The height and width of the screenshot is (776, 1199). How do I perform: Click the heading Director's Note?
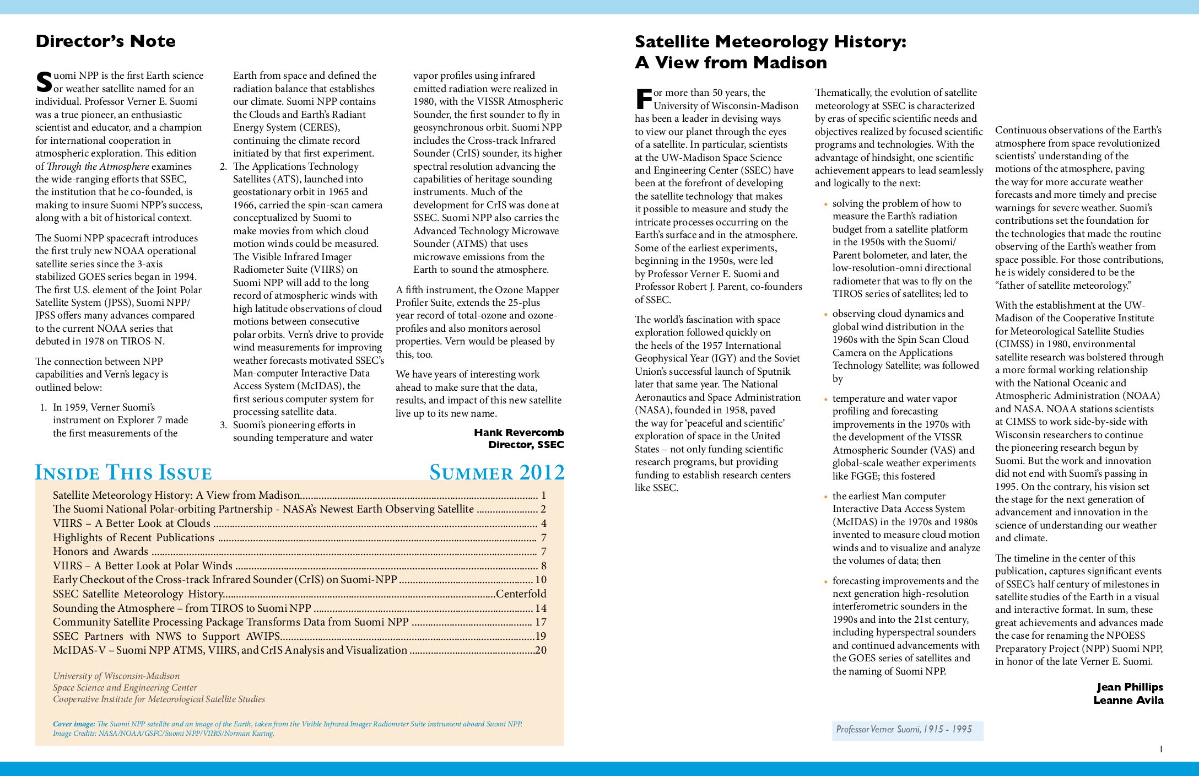click(x=105, y=41)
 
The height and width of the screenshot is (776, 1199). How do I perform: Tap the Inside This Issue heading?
click(x=123, y=473)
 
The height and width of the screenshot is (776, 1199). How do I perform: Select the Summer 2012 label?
click(x=496, y=473)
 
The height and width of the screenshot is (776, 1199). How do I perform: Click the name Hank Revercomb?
click(x=519, y=433)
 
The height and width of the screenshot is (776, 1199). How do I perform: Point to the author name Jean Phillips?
click(x=1130, y=687)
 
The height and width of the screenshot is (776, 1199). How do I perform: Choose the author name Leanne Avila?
click(x=1128, y=700)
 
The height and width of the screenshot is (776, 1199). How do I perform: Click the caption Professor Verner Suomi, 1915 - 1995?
click(x=904, y=730)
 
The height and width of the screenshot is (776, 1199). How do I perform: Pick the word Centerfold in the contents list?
click(x=521, y=594)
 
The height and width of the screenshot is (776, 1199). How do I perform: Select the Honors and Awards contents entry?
click(x=100, y=552)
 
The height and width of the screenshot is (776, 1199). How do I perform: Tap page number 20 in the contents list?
click(x=541, y=650)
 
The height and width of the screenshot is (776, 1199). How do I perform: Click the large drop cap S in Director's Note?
click(x=44, y=83)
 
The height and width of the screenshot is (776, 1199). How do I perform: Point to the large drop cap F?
click(x=643, y=99)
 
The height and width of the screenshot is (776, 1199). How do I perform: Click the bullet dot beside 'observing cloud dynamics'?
click(x=825, y=315)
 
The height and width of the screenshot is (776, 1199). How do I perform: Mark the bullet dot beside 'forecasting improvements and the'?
click(x=825, y=582)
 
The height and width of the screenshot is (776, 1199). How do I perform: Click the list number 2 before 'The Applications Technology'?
click(x=223, y=166)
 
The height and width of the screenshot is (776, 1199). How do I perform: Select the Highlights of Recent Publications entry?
click(x=133, y=538)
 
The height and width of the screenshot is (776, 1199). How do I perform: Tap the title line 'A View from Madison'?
click(x=731, y=63)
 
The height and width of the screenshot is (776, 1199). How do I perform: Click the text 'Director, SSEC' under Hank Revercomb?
click(x=526, y=445)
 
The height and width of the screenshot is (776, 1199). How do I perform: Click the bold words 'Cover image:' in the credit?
click(x=74, y=724)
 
